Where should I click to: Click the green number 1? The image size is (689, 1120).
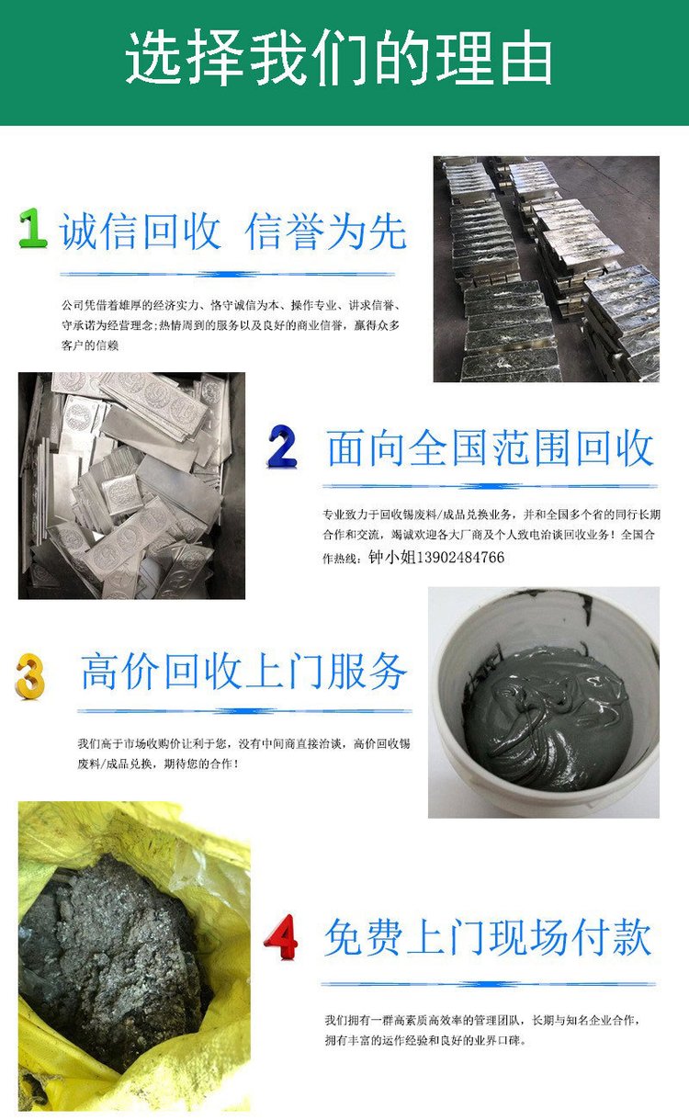point(32,228)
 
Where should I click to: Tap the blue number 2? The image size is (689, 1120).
point(283,447)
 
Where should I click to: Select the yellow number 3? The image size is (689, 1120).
point(30,675)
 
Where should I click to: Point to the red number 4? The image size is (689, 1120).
point(281,937)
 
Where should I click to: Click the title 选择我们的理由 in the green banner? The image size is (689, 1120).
point(338,57)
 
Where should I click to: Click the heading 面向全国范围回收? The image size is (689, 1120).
point(491,448)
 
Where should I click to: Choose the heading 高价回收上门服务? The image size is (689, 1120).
point(243,672)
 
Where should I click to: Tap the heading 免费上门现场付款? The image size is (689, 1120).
point(488,937)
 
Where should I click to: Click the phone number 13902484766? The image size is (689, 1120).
point(460,557)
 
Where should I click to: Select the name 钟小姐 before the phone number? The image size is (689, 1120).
point(392,557)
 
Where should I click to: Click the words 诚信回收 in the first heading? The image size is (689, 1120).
point(140,231)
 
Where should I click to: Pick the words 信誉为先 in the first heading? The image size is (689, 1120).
point(325,231)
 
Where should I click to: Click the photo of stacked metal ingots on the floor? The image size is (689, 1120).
point(546,269)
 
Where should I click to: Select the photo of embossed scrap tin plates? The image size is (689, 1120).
point(131,485)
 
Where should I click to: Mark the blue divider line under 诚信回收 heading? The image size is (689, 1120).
point(228,274)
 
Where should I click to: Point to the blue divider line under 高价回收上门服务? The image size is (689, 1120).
point(244,710)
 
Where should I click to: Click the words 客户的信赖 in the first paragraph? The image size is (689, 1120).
point(90,345)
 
